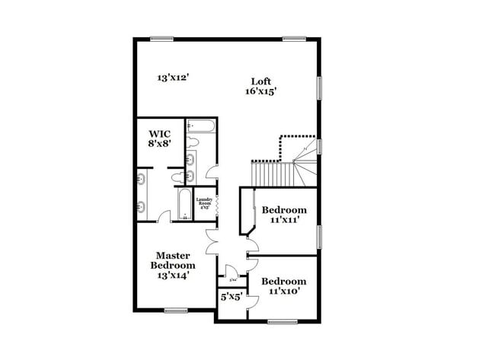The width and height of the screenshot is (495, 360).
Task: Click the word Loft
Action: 261,81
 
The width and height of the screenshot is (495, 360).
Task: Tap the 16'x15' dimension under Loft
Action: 261,91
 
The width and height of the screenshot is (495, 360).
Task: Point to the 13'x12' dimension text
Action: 173,77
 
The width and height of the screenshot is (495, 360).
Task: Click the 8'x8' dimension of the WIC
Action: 161,142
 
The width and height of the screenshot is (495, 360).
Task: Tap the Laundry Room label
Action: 204,203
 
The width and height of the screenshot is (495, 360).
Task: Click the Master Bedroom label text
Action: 173,260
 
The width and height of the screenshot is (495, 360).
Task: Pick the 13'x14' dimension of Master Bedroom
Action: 173,276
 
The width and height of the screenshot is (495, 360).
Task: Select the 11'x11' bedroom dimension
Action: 284,220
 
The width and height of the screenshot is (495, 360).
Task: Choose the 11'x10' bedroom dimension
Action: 284,291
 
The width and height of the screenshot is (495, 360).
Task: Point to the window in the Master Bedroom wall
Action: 176,310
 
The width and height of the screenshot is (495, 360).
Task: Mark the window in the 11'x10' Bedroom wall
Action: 283,321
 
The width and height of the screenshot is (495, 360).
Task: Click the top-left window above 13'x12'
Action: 161,39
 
